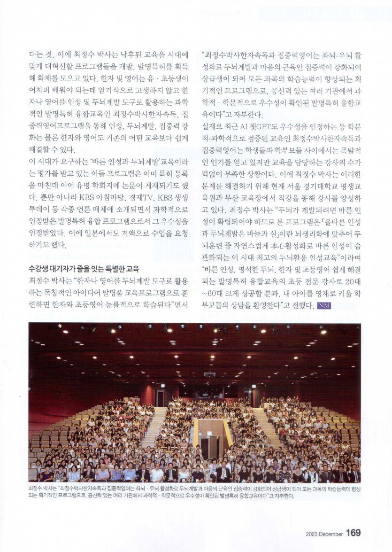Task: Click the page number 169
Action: pos(353,533)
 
